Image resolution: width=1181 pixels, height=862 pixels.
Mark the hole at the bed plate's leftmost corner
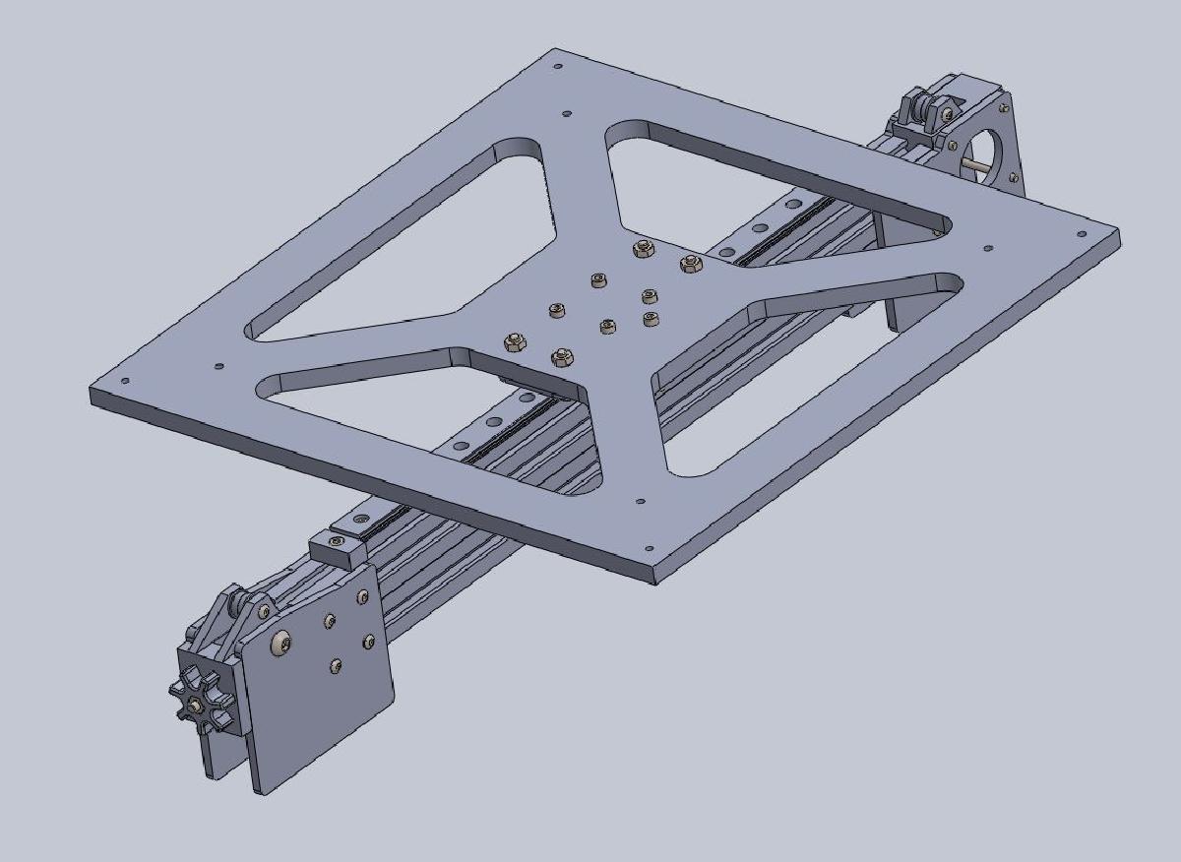pos(124,382)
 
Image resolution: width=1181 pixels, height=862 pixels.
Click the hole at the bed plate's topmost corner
pos(558,67)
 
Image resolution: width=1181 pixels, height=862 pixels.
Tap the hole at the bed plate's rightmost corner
pos(1082,235)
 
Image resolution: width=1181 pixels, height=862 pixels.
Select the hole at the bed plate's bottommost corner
pos(648,551)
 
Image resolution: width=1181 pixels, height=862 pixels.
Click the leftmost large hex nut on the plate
pos(513,342)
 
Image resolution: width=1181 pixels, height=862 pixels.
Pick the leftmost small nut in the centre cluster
pos(557,311)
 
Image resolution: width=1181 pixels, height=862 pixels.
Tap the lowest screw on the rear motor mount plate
pos(1015,178)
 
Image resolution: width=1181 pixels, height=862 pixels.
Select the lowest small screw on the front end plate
pos(336,666)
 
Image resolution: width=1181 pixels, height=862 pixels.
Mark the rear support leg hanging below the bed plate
pos(901,285)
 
